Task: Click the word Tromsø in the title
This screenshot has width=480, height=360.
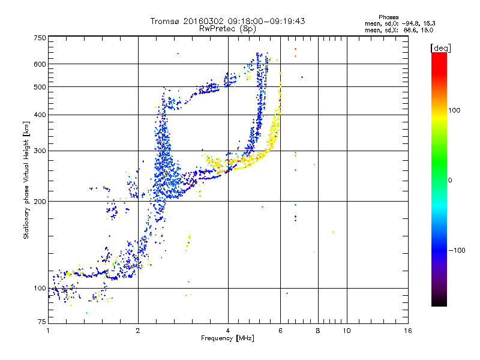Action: point(164,21)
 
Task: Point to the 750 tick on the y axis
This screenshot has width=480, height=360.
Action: point(40,37)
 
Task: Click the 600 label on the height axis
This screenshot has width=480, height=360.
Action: point(40,64)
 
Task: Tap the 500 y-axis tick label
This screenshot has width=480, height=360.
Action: point(40,86)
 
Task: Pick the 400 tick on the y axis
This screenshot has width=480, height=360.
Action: point(40,115)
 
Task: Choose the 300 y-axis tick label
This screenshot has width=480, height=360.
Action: point(40,151)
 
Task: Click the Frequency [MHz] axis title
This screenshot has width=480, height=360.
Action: point(228,339)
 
